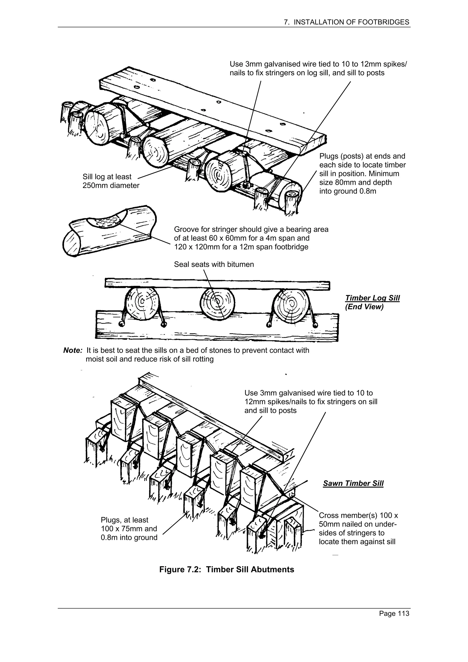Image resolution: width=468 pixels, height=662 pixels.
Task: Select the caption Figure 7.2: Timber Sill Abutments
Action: pyautogui.click(x=227, y=569)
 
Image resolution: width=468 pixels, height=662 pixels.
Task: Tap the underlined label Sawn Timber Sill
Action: pyautogui.click(x=353, y=484)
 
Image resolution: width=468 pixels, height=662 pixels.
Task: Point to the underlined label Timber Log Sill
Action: pyautogui.click(x=372, y=298)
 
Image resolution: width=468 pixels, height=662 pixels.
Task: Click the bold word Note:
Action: pyautogui.click(x=73, y=350)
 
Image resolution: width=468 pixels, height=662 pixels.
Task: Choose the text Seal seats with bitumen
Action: pyautogui.click(x=214, y=264)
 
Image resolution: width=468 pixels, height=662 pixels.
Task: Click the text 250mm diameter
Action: pyautogui.click(x=111, y=185)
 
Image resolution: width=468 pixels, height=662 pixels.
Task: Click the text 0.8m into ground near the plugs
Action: pyautogui.click(x=129, y=538)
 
